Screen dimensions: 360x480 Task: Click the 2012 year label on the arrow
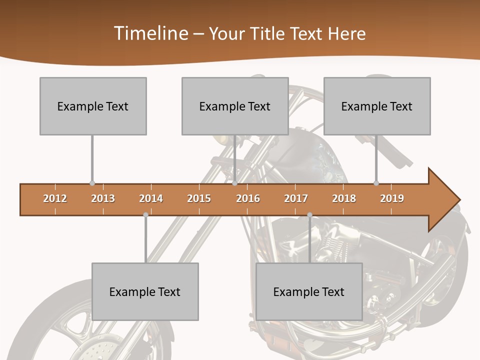[55, 198]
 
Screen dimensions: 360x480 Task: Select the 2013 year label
[103, 198]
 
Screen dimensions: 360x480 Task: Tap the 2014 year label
[151, 198]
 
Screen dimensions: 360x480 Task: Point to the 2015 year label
[199, 198]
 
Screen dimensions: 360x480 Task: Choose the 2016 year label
[248, 198]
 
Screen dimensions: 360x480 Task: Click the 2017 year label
[296, 198]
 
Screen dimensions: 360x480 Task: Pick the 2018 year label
[344, 198]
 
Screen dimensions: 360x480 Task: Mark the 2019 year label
[392, 198]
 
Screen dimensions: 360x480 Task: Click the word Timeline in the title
[150, 33]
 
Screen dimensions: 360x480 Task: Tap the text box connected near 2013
[93, 106]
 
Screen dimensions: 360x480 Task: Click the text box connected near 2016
[235, 106]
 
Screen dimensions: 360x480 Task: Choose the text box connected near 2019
[377, 106]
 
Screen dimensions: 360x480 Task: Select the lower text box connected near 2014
[145, 291]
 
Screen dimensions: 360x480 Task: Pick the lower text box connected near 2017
[309, 291]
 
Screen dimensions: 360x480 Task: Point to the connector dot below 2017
[309, 215]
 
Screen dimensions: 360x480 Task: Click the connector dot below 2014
[145, 215]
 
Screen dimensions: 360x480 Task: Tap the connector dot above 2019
[376, 183]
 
